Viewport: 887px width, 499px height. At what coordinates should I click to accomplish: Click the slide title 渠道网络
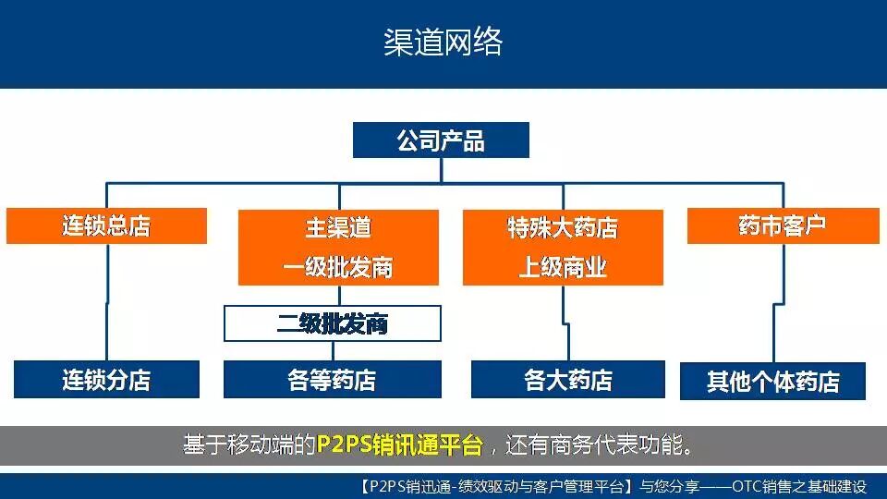[x=443, y=43]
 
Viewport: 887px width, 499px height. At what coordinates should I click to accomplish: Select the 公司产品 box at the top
[x=441, y=140]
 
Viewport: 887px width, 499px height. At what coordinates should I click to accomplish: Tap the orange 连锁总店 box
[x=106, y=226]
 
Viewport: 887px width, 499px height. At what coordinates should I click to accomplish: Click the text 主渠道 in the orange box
[x=338, y=228]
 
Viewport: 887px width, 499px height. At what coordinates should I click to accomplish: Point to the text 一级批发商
[x=338, y=267]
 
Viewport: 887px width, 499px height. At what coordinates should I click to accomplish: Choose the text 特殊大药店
[x=562, y=228]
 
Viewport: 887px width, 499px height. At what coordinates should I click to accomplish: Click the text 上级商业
[x=562, y=267]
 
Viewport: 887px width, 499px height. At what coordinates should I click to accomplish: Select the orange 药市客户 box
[x=782, y=226]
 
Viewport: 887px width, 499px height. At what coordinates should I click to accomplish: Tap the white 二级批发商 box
[x=333, y=324]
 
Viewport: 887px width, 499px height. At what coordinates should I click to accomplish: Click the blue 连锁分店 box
[x=106, y=380]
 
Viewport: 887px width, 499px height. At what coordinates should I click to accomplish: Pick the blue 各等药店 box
[x=333, y=380]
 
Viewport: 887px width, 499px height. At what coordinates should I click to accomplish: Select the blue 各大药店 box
[x=567, y=380]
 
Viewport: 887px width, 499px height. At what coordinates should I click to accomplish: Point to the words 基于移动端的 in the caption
[x=249, y=446]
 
